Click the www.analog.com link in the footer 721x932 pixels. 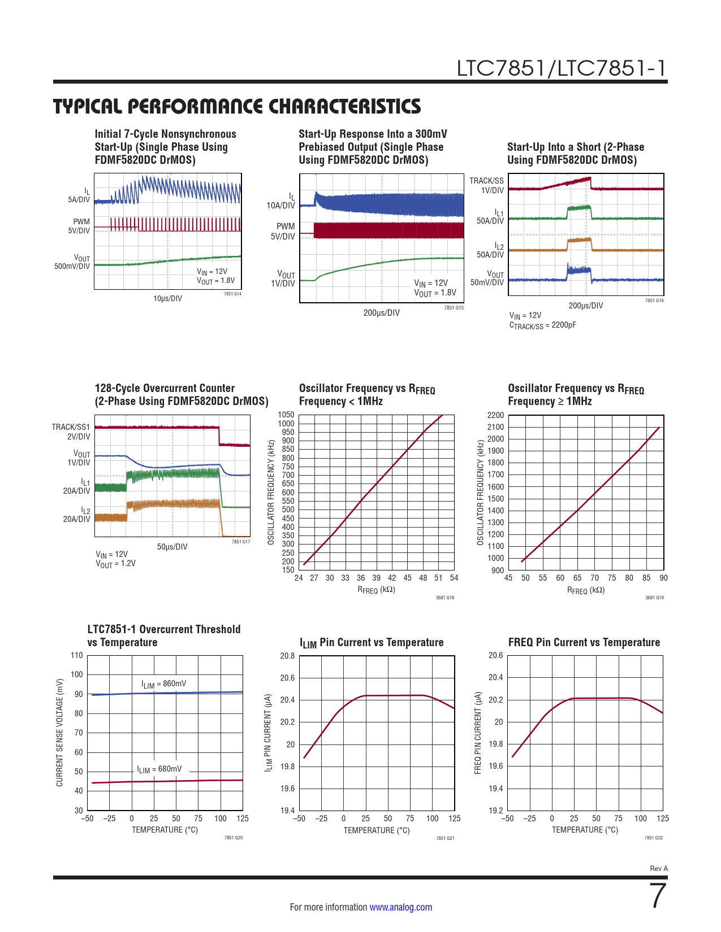400,907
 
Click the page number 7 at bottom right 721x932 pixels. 658,896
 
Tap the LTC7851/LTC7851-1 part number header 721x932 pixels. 562,68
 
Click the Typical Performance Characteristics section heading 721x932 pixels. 237,106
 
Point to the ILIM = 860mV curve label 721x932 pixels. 164,684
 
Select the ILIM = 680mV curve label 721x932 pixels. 159,769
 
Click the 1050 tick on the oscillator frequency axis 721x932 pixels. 286,415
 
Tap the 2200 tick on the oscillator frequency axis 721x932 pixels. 495,415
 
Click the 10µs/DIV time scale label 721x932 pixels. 168,298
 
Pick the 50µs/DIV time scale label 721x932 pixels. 172,547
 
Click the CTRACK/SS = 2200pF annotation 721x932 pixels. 543,325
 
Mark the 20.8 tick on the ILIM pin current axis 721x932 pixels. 287,656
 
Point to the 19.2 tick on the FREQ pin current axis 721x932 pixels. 496,811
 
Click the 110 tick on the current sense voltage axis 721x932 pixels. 77,655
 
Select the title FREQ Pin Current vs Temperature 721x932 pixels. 584,642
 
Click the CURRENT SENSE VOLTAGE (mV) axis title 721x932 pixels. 59,733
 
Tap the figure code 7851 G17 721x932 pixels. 241,542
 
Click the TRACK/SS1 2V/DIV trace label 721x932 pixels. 71,432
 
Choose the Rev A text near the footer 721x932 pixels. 659,869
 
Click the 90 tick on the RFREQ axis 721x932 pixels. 663,578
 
